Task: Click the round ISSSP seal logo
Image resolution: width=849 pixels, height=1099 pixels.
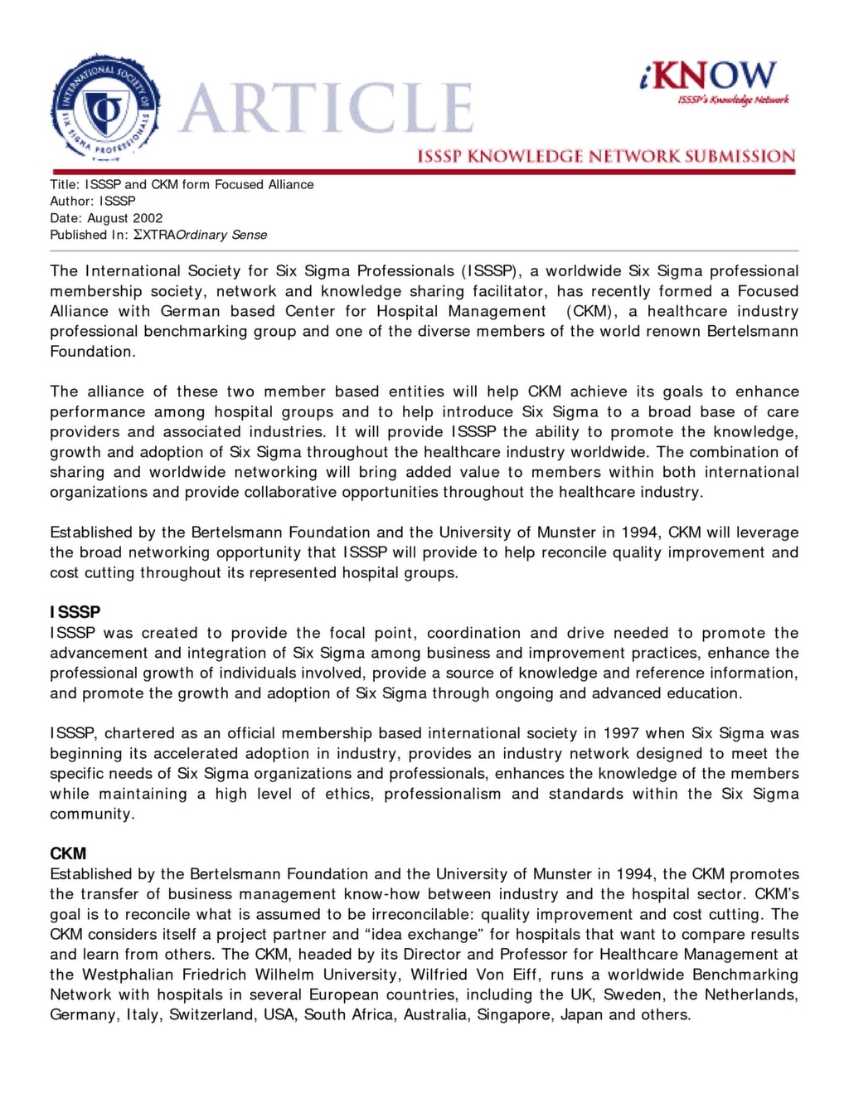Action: pyautogui.click(x=104, y=107)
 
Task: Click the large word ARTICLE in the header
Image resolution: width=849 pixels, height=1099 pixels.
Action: pyautogui.click(x=326, y=109)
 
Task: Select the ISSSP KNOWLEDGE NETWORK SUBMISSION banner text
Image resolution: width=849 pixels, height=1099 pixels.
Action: pyautogui.click(x=605, y=156)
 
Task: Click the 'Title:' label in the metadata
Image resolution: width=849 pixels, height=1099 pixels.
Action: pyautogui.click(x=64, y=184)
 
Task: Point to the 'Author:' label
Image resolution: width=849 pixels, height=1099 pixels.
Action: pyautogui.click(x=72, y=201)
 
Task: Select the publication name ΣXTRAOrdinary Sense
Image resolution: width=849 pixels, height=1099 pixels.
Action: pyautogui.click(x=200, y=235)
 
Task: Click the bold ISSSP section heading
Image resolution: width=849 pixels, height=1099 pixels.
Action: pyautogui.click(x=75, y=612)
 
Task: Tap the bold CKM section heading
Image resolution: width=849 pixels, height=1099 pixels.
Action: pyautogui.click(x=68, y=853)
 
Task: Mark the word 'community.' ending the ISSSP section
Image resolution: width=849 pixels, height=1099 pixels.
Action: pyautogui.click(x=92, y=814)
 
